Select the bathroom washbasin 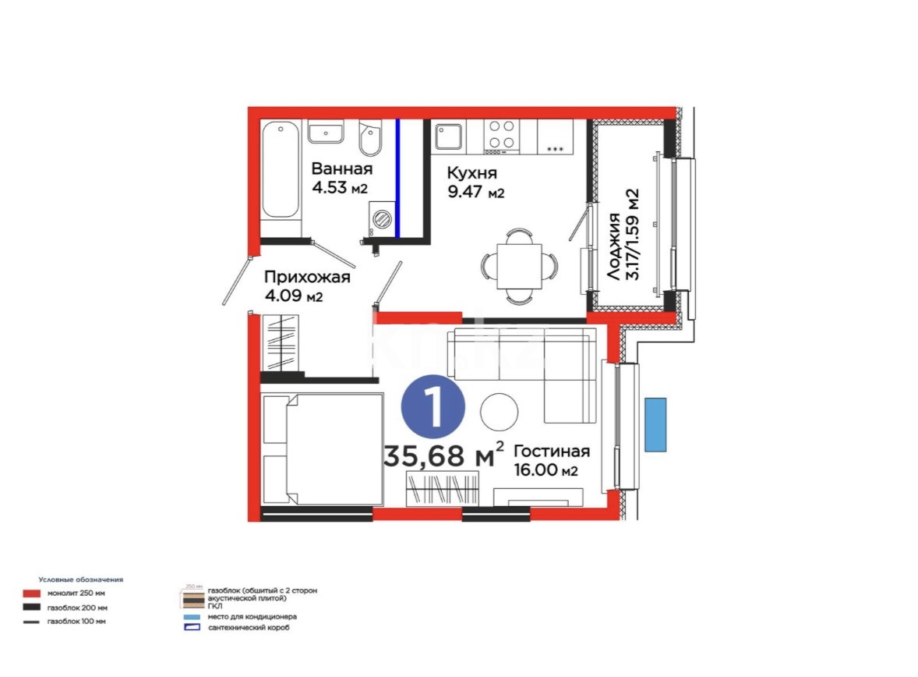pyautogui.click(x=327, y=133)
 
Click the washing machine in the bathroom pyautogui.click(x=381, y=218)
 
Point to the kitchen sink pyautogui.click(x=449, y=136)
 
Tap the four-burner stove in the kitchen pyautogui.click(x=501, y=134)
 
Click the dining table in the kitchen pyautogui.click(x=519, y=266)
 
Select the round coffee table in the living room pyautogui.click(x=500, y=411)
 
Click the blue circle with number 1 pyautogui.click(x=434, y=409)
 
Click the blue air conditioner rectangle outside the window pyautogui.click(x=655, y=424)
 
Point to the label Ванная pyautogui.click(x=342, y=168)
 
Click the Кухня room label pyautogui.click(x=472, y=172)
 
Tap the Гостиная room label pyautogui.click(x=552, y=451)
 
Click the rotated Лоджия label pyautogui.click(x=615, y=246)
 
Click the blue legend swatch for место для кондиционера pyautogui.click(x=191, y=616)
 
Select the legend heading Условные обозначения pyautogui.click(x=82, y=580)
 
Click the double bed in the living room pyautogui.click(x=323, y=450)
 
